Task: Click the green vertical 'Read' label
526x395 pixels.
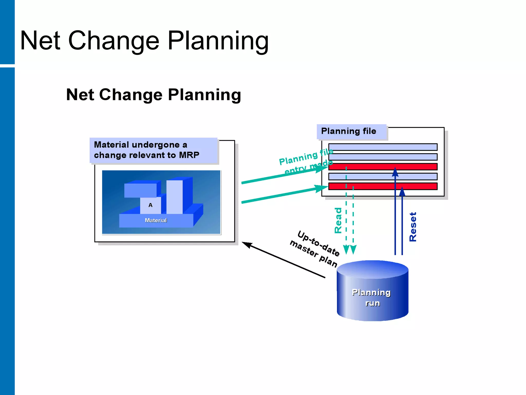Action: (x=338, y=220)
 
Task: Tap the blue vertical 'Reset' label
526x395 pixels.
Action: (x=413, y=227)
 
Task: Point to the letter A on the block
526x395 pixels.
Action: (x=151, y=205)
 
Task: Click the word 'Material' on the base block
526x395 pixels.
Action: (x=156, y=220)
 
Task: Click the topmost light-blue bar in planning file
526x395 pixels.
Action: (x=383, y=147)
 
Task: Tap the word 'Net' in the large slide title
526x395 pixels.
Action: (x=40, y=41)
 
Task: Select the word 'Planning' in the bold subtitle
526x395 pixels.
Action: (x=204, y=95)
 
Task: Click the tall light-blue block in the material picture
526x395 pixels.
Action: (x=174, y=197)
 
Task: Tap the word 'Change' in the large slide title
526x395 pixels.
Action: (x=114, y=41)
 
